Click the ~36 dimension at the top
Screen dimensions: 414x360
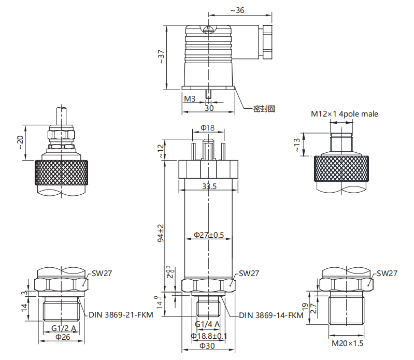pos(237,10)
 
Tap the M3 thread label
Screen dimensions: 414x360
pos(190,99)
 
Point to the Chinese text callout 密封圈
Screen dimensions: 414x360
pos(264,109)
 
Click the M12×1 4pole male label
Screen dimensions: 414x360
pos(345,114)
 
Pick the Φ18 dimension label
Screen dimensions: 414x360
pos(208,128)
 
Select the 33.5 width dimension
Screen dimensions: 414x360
pos(209,186)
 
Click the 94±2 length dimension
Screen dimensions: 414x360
pos(161,233)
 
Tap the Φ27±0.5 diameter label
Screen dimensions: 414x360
pos(209,235)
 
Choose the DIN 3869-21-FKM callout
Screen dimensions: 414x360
pos(121,315)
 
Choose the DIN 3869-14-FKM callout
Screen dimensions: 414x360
pos(271,315)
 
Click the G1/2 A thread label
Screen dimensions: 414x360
pos(64,328)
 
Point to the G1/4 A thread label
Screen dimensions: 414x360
pos(207,324)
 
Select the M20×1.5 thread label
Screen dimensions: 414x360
pos(348,343)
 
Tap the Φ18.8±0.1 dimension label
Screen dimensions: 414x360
pos(209,336)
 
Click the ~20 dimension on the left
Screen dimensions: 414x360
pos(21,142)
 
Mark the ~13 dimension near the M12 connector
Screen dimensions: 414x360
pos(297,145)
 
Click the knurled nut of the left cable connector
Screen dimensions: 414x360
pos(61,172)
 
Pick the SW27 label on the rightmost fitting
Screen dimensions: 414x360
pos(387,273)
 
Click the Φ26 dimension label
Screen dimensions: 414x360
pos(63,337)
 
